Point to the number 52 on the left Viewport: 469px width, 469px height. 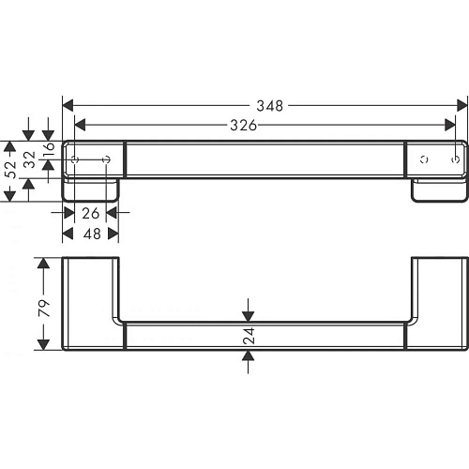click(x=10, y=170)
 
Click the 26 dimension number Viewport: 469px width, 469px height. click(x=90, y=213)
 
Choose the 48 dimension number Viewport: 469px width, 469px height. click(x=90, y=233)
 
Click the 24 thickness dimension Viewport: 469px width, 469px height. click(x=249, y=336)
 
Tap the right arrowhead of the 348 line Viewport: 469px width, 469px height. click(x=461, y=105)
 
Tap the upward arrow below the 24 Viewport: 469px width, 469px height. click(x=249, y=357)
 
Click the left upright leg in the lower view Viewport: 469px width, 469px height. click(x=91, y=291)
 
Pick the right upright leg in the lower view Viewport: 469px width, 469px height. click(x=437, y=291)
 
